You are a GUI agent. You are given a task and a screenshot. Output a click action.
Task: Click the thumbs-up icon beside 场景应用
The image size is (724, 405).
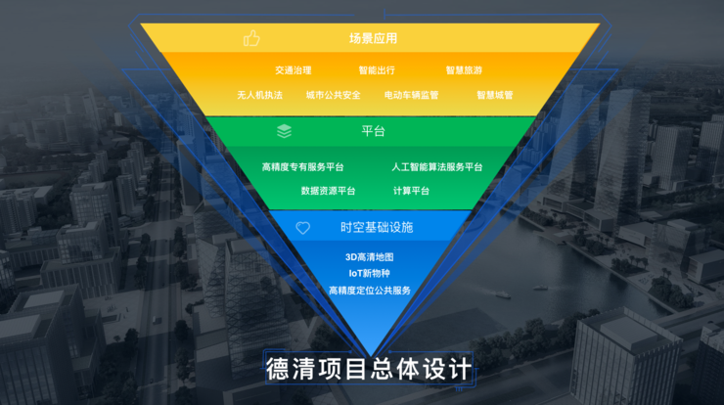(x=252, y=39)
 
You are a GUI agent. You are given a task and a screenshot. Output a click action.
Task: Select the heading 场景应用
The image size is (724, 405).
(x=373, y=39)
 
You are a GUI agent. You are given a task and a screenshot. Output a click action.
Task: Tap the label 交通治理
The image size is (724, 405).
(x=293, y=70)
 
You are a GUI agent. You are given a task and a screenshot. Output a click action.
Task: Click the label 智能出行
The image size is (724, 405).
(x=377, y=70)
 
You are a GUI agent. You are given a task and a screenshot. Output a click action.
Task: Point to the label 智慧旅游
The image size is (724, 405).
(x=464, y=70)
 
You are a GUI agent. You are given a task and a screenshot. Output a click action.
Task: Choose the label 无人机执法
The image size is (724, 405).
(x=259, y=96)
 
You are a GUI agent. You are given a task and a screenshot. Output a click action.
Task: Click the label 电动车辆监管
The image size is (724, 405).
(x=411, y=96)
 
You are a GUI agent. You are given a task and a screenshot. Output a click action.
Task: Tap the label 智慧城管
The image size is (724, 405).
(x=494, y=96)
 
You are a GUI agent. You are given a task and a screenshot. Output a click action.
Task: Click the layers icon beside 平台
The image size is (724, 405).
(x=284, y=131)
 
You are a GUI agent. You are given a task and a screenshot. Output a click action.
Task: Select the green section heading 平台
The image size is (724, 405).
(x=373, y=131)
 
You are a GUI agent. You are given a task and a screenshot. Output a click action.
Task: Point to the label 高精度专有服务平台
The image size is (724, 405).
(x=302, y=167)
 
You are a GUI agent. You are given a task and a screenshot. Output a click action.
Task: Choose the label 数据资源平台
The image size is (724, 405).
(x=328, y=191)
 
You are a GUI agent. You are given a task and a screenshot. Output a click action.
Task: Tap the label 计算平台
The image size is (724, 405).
(x=411, y=191)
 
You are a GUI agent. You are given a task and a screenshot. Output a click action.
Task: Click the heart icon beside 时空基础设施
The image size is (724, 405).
(x=303, y=228)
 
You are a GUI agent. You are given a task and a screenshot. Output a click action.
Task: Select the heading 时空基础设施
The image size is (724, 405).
(x=377, y=228)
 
